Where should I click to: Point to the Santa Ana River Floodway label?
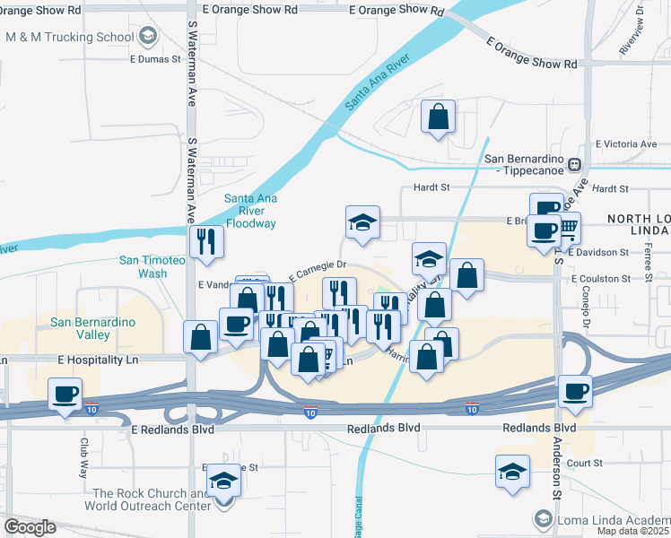click(251, 211)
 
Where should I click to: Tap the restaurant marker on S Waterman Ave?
click(206, 242)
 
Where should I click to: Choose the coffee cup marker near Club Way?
click(65, 395)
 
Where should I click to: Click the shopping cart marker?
click(567, 229)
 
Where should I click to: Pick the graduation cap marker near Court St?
click(512, 472)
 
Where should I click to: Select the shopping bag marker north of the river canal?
click(438, 117)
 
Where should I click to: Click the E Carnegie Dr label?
click(317, 266)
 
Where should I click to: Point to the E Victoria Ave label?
click(626, 143)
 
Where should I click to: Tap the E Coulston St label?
click(613, 279)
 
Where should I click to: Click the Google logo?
click(30, 527)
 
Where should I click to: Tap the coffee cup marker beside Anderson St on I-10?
click(574, 391)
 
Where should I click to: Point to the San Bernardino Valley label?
click(92, 328)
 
